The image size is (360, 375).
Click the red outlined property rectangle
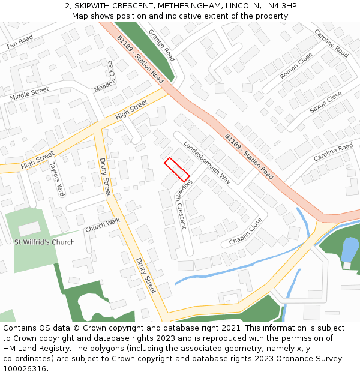click(177, 169)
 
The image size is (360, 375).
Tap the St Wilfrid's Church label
click(45, 242)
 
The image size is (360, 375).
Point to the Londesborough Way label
click(207, 162)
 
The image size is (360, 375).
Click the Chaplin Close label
click(245, 232)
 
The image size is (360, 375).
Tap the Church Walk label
click(103, 226)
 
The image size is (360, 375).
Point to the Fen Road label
click(20, 41)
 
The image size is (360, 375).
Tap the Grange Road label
click(161, 45)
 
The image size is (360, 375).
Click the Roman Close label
click(296, 66)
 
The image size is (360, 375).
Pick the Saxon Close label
click(326, 103)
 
